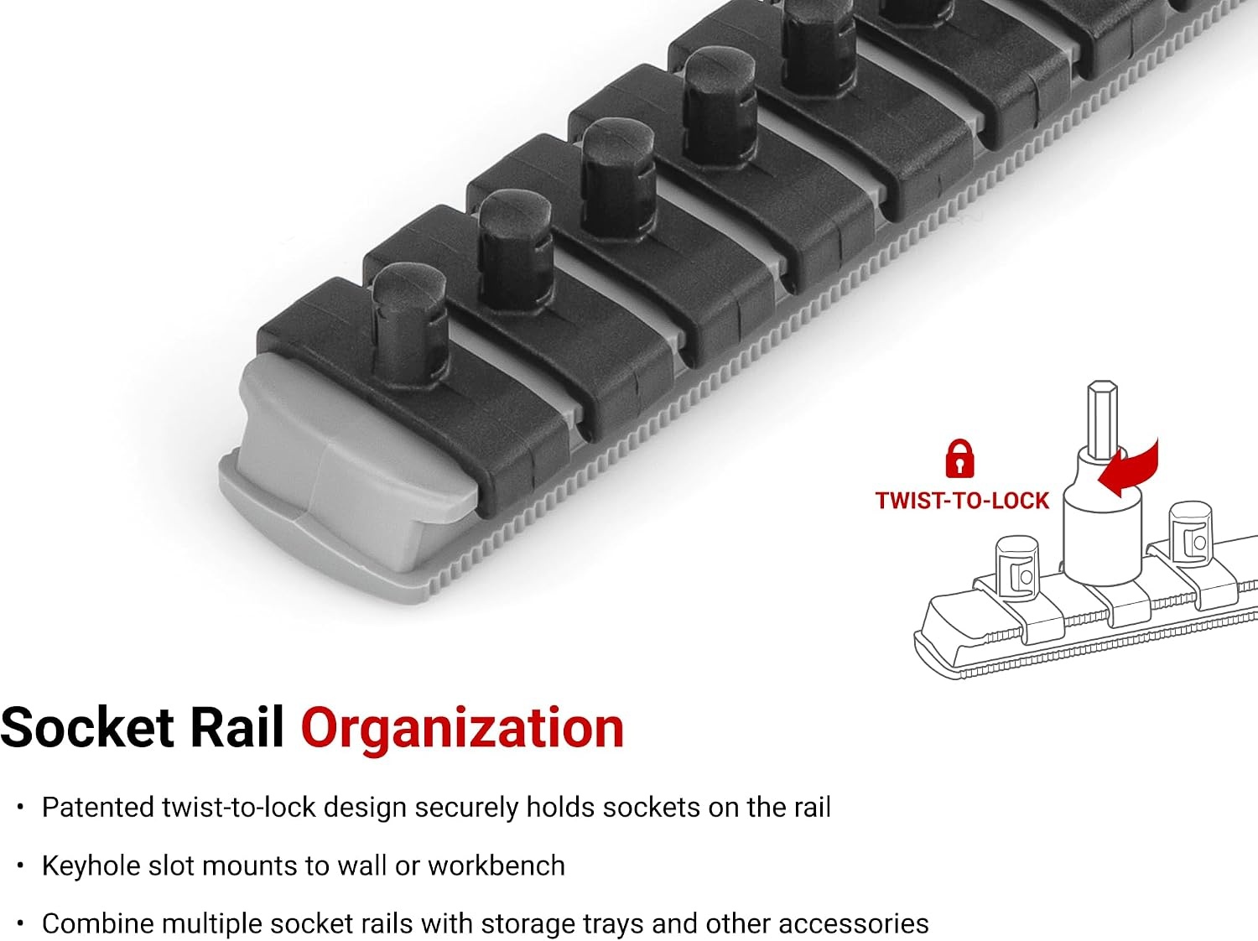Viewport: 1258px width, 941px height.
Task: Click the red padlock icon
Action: pos(959,459)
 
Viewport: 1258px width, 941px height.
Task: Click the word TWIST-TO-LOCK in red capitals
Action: pos(962,501)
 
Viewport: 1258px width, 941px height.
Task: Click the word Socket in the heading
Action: pos(87,727)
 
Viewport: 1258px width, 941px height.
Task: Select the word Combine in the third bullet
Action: pos(98,924)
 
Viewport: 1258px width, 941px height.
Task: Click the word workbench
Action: pos(496,866)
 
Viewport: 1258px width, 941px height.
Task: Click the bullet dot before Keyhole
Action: pos(21,866)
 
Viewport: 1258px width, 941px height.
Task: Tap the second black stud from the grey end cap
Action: pos(516,252)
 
